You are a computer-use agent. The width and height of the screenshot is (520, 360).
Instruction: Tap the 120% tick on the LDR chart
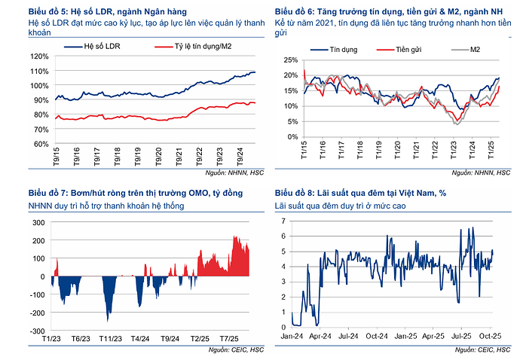point(41,56)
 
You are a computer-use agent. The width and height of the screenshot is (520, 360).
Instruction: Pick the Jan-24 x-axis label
point(293,336)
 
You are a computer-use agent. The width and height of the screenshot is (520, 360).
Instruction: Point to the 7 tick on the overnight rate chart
point(283,220)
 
